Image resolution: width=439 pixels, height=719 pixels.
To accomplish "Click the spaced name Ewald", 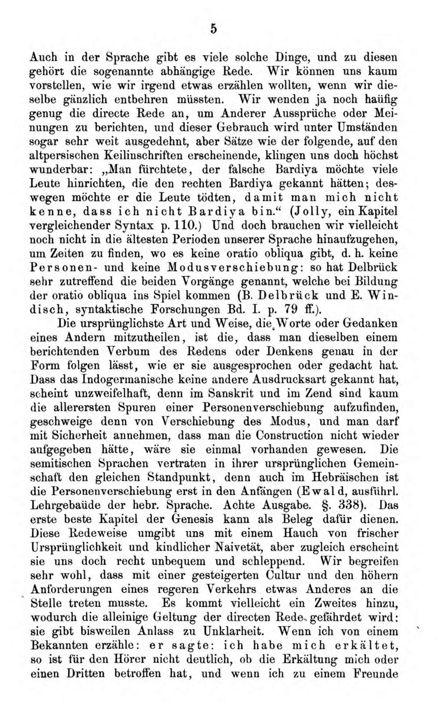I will pyautogui.click(x=323, y=491).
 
